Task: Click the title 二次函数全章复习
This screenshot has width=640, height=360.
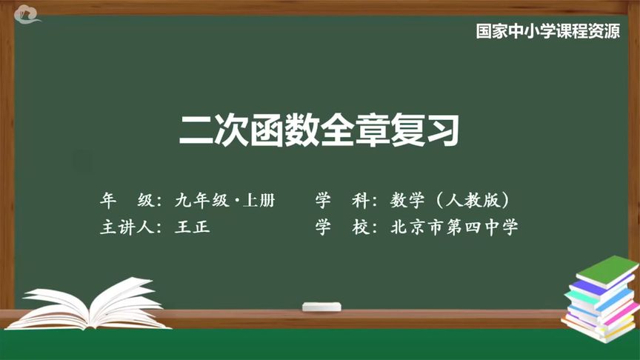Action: point(319,130)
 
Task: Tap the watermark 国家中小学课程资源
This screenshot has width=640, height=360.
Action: point(547,33)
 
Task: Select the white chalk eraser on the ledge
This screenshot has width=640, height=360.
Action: point(322,305)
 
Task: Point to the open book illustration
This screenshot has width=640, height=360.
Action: point(93,304)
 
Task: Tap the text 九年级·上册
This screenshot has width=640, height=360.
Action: point(225,200)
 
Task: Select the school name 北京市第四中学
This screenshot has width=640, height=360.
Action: point(455,227)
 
